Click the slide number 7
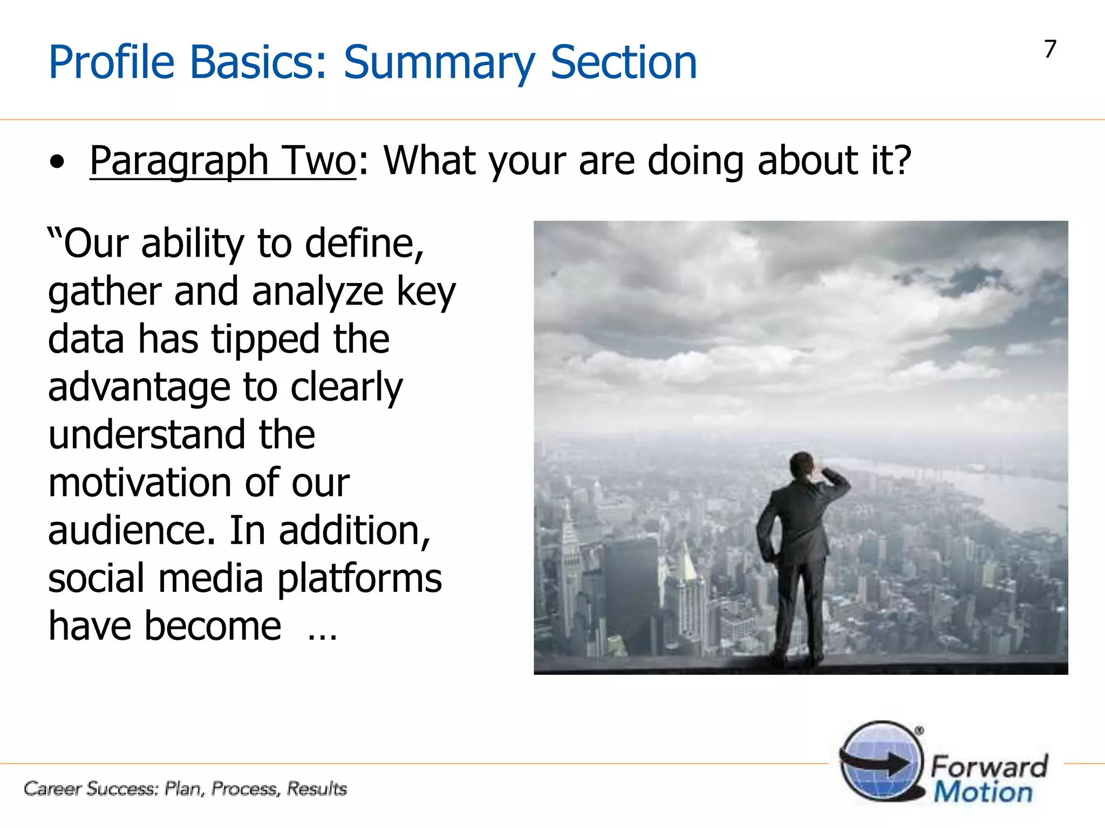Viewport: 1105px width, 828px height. click(1050, 50)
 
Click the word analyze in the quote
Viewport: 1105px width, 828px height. click(317, 292)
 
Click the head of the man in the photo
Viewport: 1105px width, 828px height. click(802, 464)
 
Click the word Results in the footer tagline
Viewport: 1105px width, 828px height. click(316, 789)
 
